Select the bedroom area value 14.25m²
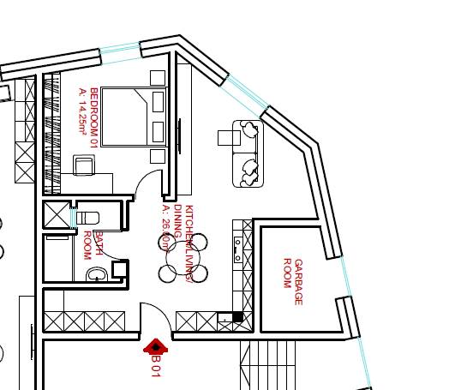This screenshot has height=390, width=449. click(83, 111)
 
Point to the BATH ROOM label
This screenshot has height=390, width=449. click(93, 245)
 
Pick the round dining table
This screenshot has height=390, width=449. click(183, 258)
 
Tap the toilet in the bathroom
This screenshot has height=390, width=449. click(89, 217)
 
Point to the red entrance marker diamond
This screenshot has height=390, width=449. click(155, 346)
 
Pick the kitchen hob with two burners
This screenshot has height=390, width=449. click(237, 249)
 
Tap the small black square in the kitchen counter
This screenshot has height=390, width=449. click(237, 317)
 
